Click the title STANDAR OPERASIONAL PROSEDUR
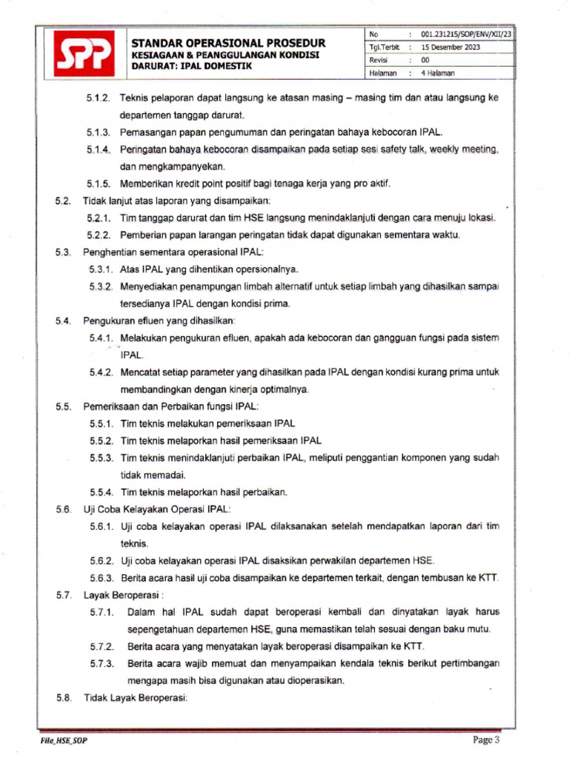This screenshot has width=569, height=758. point(228,43)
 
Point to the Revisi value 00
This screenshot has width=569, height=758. point(425,60)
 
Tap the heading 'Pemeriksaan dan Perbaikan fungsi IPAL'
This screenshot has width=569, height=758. point(171,406)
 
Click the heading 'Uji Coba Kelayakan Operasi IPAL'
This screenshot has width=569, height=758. point(157,509)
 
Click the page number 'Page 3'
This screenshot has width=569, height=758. point(487,739)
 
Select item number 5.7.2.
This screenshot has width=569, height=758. point(102,646)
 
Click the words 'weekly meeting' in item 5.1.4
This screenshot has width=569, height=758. point(464,150)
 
